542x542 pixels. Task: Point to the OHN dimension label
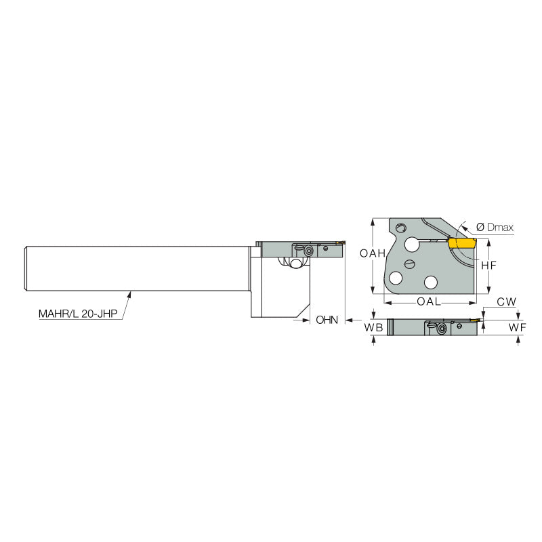point(327,319)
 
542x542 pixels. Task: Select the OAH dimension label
point(373,253)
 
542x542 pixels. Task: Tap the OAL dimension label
point(429,301)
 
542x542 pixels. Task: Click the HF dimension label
point(488,266)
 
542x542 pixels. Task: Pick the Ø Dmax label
point(495,228)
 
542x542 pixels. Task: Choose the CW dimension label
point(506,301)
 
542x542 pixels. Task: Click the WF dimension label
point(518,328)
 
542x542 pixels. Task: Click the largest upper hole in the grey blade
point(412,244)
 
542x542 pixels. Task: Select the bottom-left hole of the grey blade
point(396,278)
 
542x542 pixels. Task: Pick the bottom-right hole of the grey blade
point(430,280)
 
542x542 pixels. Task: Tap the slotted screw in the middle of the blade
point(409,263)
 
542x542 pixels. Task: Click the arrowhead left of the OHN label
point(306,319)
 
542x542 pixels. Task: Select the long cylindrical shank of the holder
point(135,268)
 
